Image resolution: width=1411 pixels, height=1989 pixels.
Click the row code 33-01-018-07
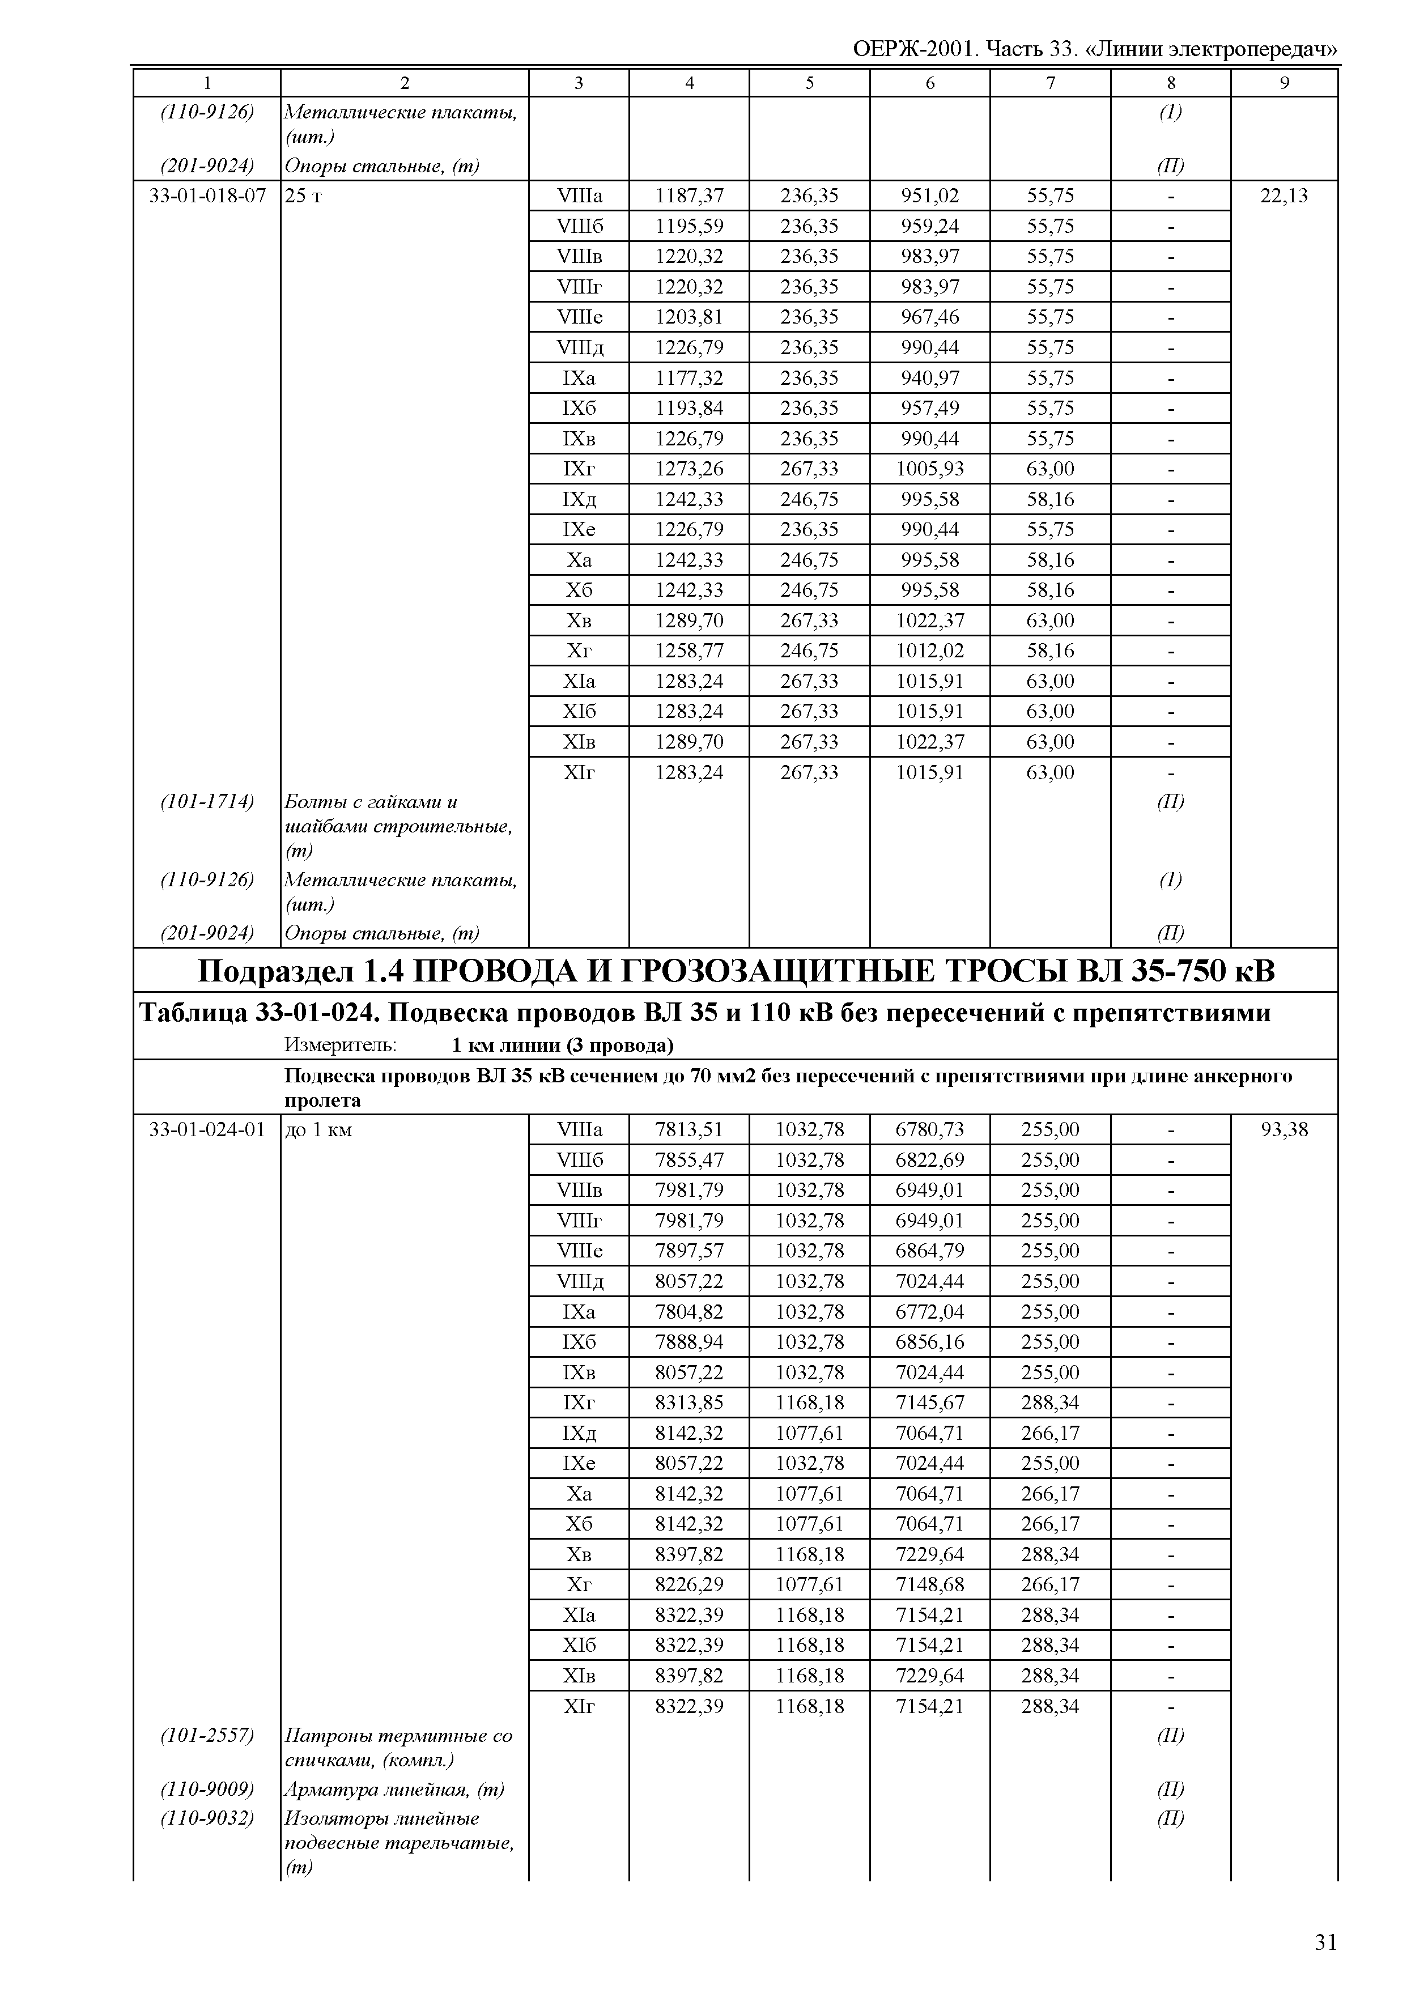pyautogui.click(x=207, y=195)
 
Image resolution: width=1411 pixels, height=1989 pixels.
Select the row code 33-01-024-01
pyautogui.click(x=207, y=1129)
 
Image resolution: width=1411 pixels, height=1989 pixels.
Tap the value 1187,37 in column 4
pyautogui.click(x=689, y=195)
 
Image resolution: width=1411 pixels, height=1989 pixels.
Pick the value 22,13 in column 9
pyautogui.click(x=1284, y=195)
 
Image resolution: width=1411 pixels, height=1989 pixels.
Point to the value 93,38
pyautogui.click(x=1284, y=1129)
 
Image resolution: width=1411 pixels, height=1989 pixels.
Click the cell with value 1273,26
pyautogui.click(x=689, y=469)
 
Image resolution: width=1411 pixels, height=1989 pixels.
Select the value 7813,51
pyautogui.click(x=689, y=1129)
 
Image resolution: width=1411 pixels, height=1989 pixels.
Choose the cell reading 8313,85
pyautogui.click(x=689, y=1402)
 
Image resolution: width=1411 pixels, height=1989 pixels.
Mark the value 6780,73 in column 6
pyautogui.click(x=930, y=1129)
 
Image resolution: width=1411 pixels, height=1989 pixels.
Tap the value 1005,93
pyautogui.click(x=930, y=469)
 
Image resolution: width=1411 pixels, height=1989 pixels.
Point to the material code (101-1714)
pyautogui.click(x=207, y=802)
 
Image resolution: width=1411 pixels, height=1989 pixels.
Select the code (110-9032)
pyautogui.click(x=207, y=1818)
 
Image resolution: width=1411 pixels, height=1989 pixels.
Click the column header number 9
pyautogui.click(x=1284, y=83)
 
